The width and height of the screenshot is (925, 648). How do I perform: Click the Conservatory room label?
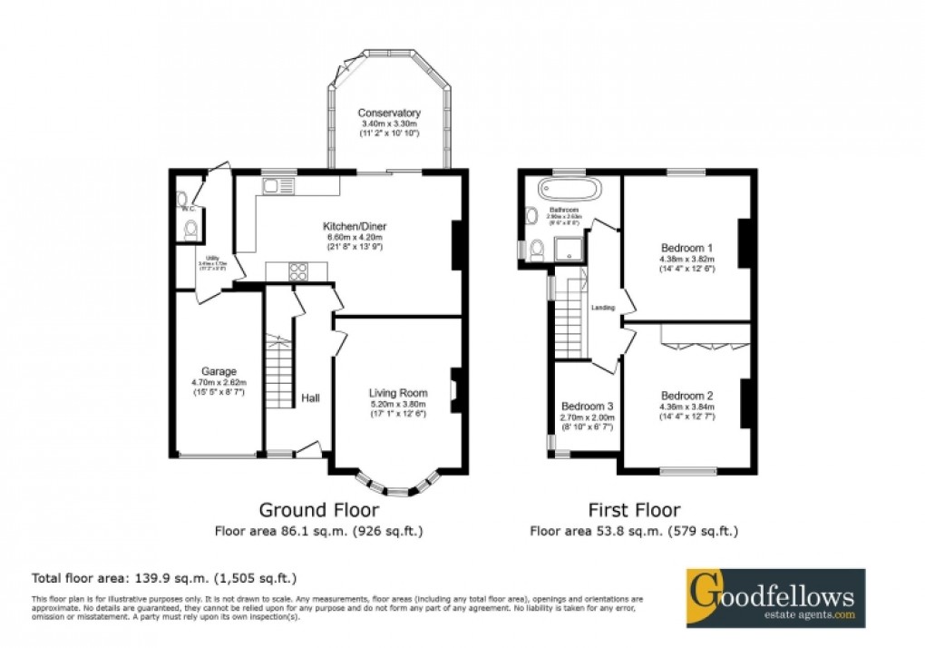(388, 113)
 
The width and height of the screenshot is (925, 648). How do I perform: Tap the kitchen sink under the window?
(275, 186)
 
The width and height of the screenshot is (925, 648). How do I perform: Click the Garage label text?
(219, 371)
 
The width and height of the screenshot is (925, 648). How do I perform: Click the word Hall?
(311, 398)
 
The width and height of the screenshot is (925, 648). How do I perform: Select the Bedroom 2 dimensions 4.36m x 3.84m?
(686, 407)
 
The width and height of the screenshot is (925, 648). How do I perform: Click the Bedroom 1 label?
(686, 248)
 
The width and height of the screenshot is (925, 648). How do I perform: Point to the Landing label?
(602, 308)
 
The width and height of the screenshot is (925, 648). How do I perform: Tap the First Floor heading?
(635, 510)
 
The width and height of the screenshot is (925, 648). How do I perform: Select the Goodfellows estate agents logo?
(774, 598)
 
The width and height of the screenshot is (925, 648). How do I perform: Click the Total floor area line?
(164, 577)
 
